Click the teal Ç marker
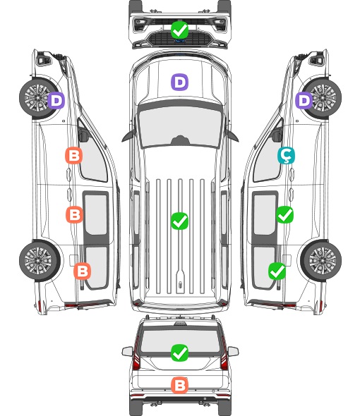(x=286, y=155)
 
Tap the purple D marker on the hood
(x=179, y=82)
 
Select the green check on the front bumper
(x=179, y=30)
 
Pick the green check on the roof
(x=179, y=221)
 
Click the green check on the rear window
(x=179, y=353)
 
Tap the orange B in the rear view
(x=179, y=385)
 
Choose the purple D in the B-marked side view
(x=56, y=100)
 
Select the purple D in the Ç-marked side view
(x=304, y=100)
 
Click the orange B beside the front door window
(x=73, y=155)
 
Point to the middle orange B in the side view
(x=74, y=214)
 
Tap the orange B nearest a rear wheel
(x=82, y=271)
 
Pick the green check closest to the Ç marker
(x=284, y=214)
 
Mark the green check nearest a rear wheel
(x=277, y=271)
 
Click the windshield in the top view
(x=180, y=126)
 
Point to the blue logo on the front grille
(x=179, y=41)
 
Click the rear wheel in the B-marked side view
(x=39, y=260)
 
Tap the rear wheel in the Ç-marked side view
(x=321, y=260)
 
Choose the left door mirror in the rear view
(x=127, y=351)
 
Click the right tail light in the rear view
(x=224, y=355)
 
